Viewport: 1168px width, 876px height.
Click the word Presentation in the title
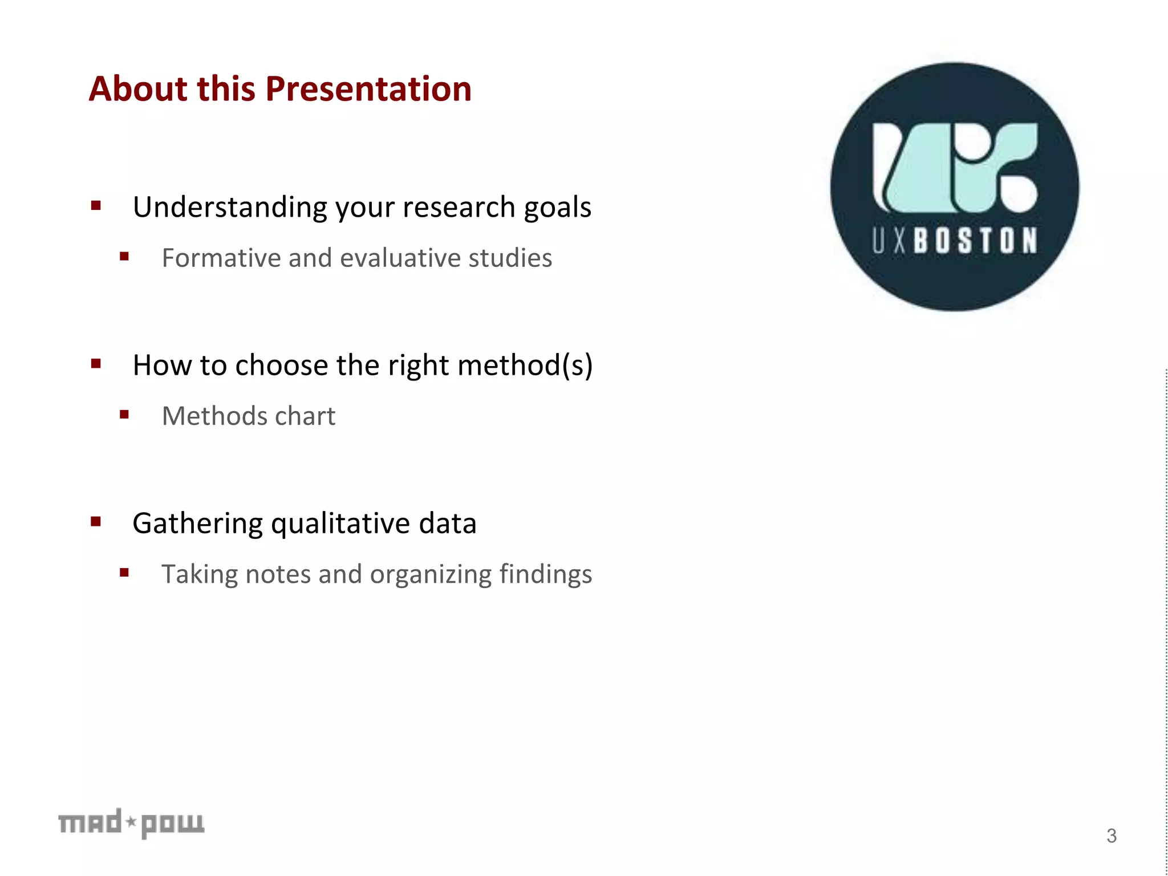(x=368, y=90)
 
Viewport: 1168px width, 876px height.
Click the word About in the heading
(x=138, y=90)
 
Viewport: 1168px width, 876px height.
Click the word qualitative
(x=340, y=524)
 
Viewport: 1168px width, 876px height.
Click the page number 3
(x=1112, y=836)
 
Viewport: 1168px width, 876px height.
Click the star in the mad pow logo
(x=131, y=822)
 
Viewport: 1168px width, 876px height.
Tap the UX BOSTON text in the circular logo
(x=955, y=240)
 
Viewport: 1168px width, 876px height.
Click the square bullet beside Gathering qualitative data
(x=96, y=521)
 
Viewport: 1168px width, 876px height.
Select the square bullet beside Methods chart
(x=124, y=415)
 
